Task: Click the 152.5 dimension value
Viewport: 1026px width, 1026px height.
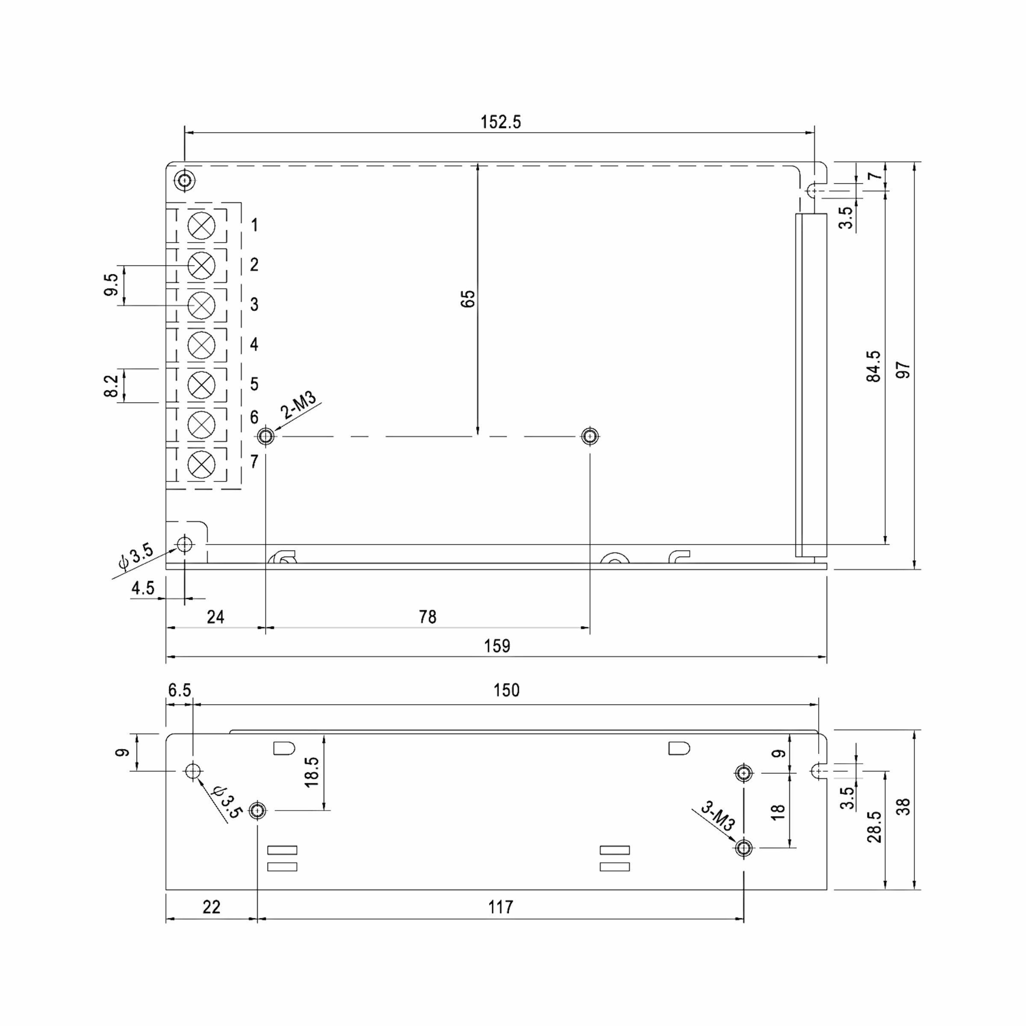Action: pyautogui.click(x=500, y=122)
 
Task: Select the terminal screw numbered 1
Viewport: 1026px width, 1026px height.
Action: pyautogui.click(x=201, y=226)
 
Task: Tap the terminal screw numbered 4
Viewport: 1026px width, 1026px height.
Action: pyautogui.click(x=201, y=345)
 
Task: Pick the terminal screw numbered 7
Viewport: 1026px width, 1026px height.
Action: pyautogui.click(x=201, y=465)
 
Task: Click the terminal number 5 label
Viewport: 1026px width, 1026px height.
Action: pyautogui.click(x=254, y=384)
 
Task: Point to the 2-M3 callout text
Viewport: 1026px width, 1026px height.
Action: pyautogui.click(x=298, y=405)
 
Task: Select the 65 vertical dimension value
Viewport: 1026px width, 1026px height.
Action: pyautogui.click(x=468, y=299)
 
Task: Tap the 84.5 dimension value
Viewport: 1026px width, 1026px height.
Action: pyautogui.click(x=873, y=366)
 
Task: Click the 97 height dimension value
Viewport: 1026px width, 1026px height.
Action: pyautogui.click(x=903, y=370)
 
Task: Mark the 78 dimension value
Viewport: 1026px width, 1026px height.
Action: pyautogui.click(x=427, y=616)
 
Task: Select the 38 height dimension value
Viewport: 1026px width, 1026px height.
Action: pyautogui.click(x=903, y=807)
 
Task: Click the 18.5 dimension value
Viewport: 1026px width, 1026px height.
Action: pyautogui.click(x=311, y=772)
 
